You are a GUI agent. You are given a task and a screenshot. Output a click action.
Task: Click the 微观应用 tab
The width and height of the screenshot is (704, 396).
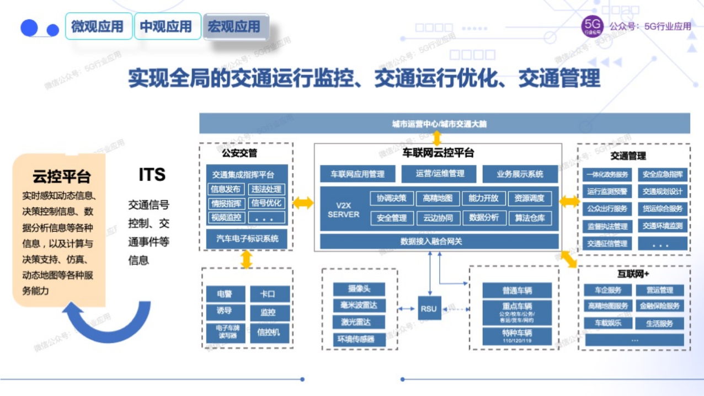click(x=98, y=26)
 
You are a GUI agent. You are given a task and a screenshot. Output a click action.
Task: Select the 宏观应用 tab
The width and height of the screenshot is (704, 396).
click(x=235, y=26)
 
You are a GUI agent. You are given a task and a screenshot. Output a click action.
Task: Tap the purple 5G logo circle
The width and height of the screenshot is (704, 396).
click(x=593, y=26)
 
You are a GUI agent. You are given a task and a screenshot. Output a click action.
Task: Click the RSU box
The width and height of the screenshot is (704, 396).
click(x=429, y=309)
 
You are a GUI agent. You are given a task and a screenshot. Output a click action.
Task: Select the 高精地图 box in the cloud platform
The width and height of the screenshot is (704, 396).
click(x=438, y=198)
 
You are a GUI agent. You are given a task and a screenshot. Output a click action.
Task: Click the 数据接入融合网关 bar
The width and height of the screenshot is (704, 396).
click(x=439, y=241)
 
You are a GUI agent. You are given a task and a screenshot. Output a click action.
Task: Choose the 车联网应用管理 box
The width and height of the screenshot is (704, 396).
click(x=358, y=174)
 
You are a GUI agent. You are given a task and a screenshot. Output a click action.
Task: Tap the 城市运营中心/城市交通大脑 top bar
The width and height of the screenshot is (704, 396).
click(x=444, y=124)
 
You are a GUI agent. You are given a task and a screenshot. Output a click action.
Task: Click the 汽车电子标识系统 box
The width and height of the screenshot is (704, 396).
click(x=247, y=239)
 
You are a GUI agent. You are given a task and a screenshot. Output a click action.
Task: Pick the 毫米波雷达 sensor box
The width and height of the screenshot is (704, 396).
click(x=359, y=306)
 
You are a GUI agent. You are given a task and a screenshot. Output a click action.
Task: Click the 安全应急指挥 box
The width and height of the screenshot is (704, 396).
click(x=663, y=175)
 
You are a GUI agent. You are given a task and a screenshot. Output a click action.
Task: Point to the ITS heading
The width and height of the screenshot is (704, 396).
click(x=152, y=175)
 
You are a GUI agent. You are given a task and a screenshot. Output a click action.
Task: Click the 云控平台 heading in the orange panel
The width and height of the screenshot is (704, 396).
click(x=61, y=176)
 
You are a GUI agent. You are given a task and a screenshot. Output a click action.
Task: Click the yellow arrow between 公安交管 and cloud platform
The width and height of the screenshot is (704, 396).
click(x=302, y=203)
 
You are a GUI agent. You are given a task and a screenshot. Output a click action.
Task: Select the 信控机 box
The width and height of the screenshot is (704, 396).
click(x=269, y=332)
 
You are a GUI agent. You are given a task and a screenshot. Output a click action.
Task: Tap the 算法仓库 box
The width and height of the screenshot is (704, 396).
click(x=530, y=218)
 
